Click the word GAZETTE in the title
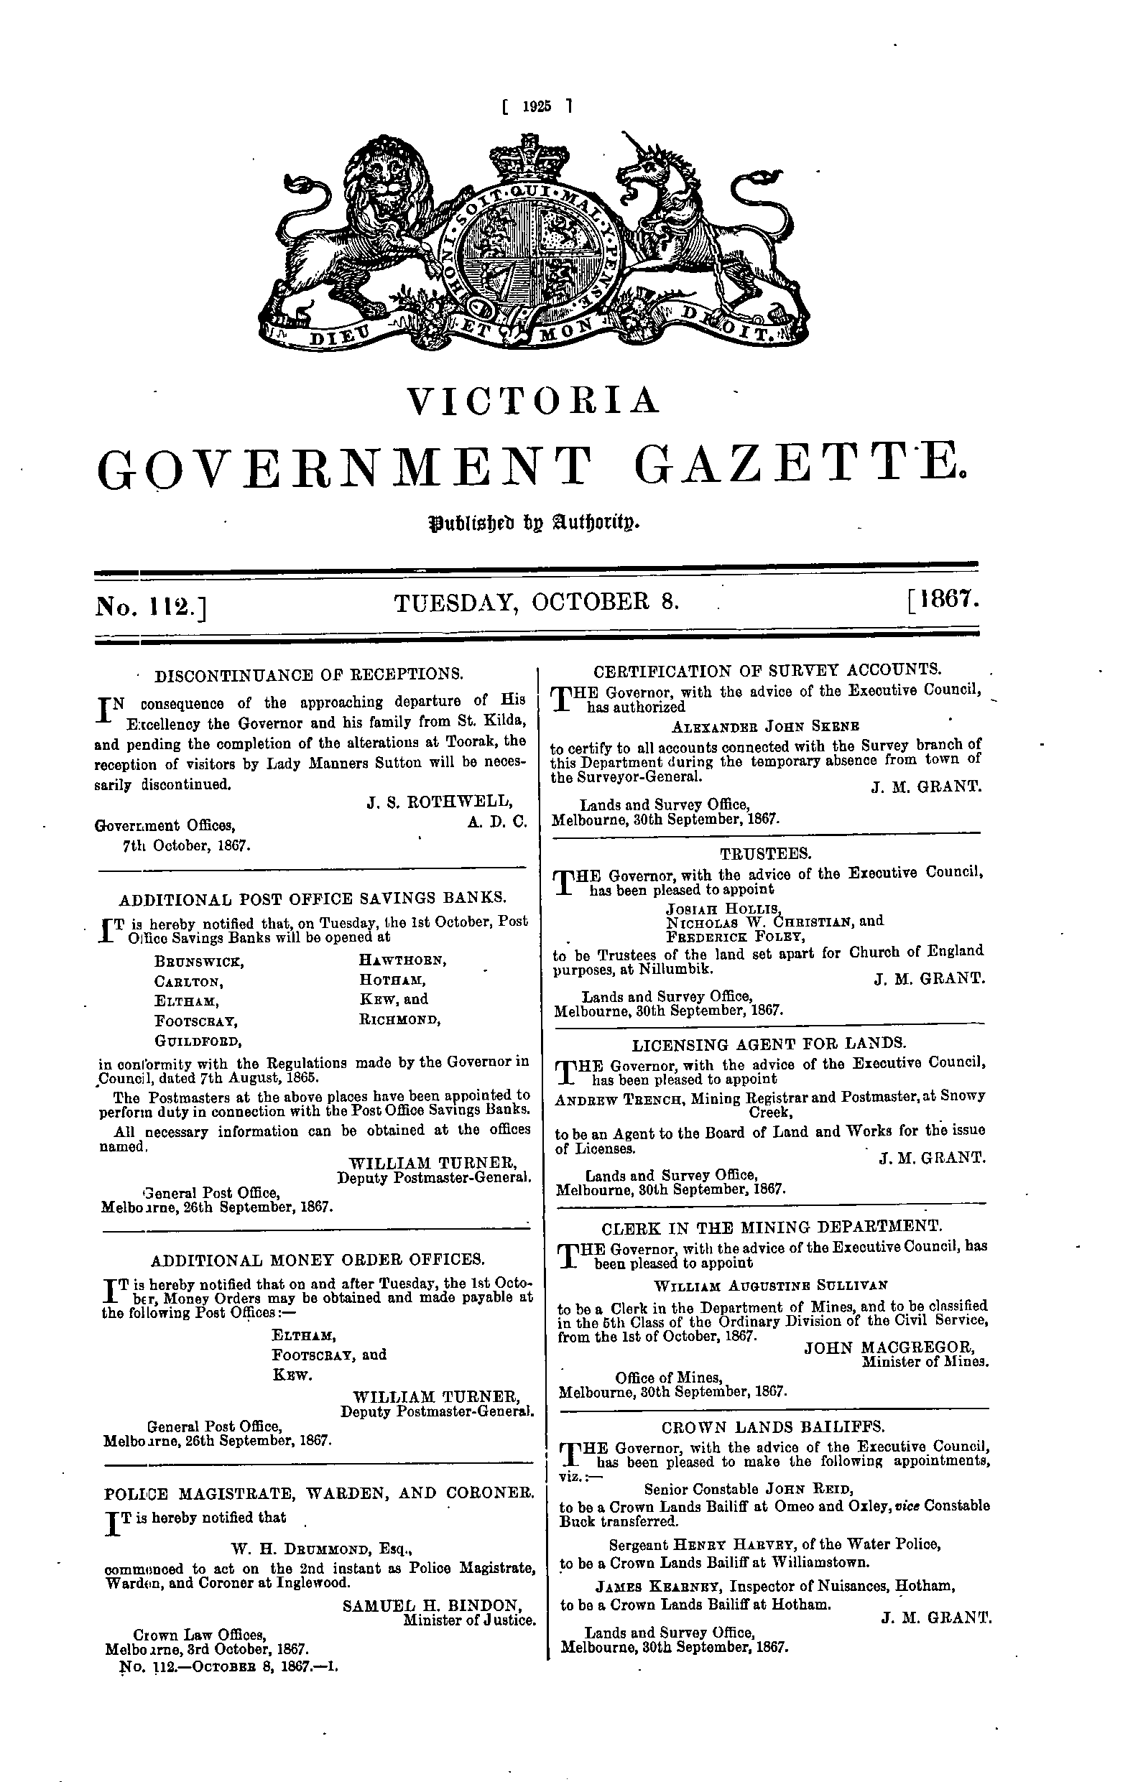pos(800,468)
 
